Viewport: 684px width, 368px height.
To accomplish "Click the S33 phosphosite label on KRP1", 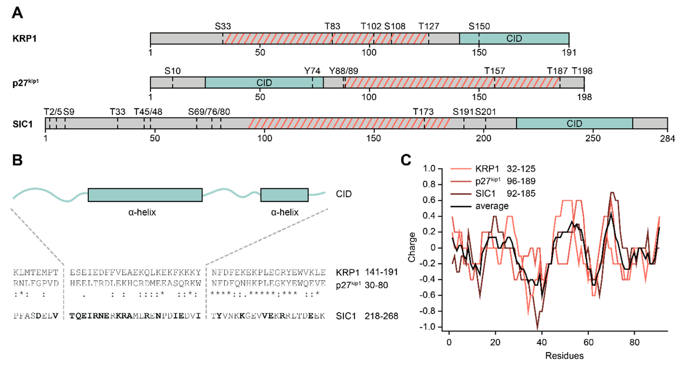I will (223, 26).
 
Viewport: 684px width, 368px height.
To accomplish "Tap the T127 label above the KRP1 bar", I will (428, 26).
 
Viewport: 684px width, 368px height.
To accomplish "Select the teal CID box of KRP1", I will (514, 38).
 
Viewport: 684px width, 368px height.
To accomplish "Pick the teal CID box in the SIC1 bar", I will (574, 123).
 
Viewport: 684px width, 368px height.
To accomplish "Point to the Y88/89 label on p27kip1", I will (343, 71).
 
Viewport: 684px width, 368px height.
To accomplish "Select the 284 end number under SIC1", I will (667, 139).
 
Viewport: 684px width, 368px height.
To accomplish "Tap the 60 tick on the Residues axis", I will (588, 342).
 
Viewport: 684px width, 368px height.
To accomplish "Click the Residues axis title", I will (564, 355).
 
